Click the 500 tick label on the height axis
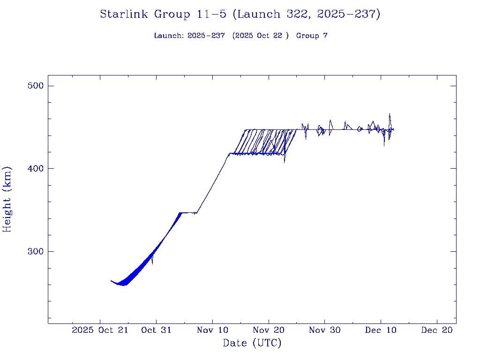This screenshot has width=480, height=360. (x=35, y=86)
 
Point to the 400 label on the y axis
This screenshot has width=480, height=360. (x=35, y=168)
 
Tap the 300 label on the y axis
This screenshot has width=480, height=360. (x=35, y=251)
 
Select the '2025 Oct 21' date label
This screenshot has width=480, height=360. (x=100, y=330)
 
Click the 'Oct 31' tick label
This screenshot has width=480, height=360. (x=156, y=330)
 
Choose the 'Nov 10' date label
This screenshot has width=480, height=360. (x=212, y=330)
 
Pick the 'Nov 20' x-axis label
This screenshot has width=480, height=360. (x=269, y=330)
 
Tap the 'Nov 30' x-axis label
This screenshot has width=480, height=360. (x=325, y=330)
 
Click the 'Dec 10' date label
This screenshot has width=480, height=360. (x=381, y=330)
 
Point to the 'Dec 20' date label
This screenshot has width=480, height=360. (x=437, y=330)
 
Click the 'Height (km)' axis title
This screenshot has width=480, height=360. (x=7, y=199)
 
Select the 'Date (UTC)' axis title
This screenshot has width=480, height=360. (x=252, y=343)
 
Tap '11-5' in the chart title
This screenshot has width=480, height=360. (x=212, y=15)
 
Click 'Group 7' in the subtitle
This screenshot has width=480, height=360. (x=312, y=36)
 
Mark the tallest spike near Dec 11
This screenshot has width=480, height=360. (x=390, y=114)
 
